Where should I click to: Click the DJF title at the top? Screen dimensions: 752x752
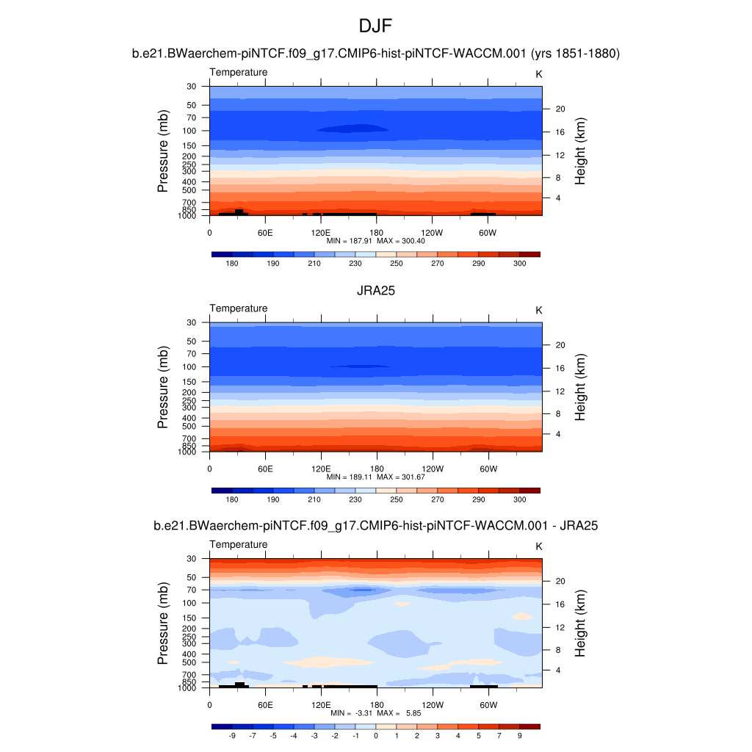coord(376,27)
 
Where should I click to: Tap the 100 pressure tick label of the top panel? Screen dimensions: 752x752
coord(191,131)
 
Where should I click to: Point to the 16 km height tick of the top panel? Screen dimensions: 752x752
coord(559,133)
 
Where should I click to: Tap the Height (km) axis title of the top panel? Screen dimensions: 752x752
coord(580,151)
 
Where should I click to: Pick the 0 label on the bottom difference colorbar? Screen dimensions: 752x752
coord(376,735)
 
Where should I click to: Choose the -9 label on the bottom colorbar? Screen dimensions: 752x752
coord(232,735)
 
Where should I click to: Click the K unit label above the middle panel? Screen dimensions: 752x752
coord(538,310)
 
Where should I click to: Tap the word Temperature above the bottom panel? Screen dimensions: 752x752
coord(239,544)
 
